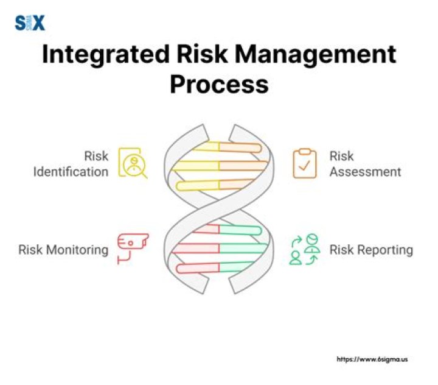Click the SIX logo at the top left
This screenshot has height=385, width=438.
pyautogui.click(x=30, y=23)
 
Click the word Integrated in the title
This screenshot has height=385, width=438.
pyautogui.click(x=106, y=55)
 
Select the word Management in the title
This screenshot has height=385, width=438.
pyautogui.click(x=315, y=55)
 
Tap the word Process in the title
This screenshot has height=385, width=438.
pyautogui.click(x=219, y=84)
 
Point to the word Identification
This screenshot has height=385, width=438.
pyautogui.click(x=71, y=172)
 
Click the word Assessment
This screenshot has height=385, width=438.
pyautogui.click(x=365, y=172)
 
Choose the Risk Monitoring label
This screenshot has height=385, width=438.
pyautogui.click(x=63, y=250)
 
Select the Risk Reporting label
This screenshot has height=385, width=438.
pyautogui.click(x=371, y=250)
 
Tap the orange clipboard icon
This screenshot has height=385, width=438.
pyautogui.click(x=305, y=163)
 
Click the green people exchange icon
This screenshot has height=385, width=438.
pyautogui.click(x=304, y=249)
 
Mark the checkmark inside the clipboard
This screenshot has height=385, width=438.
pyautogui.click(x=304, y=165)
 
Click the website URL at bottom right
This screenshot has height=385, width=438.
pyautogui.click(x=372, y=359)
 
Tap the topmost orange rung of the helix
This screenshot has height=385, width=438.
pyautogui.click(x=240, y=147)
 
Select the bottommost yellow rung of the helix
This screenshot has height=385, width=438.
pyautogui.click(x=198, y=186)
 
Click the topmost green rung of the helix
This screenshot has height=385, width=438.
pyautogui.click(x=240, y=230)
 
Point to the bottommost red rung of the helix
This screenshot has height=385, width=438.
pyautogui.click(x=198, y=268)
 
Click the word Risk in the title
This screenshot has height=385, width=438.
pyautogui.click(x=202, y=55)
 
